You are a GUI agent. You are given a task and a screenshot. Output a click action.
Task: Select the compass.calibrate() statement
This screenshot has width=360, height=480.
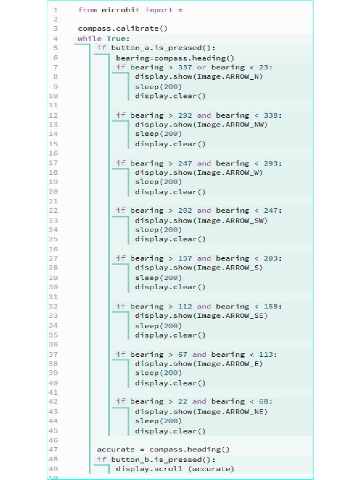(122, 29)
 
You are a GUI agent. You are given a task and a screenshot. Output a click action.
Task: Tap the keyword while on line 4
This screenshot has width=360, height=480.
(90, 38)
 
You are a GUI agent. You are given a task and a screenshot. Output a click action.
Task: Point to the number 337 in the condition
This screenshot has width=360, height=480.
(185, 67)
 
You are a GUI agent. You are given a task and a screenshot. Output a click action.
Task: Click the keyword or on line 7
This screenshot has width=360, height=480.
(202, 67)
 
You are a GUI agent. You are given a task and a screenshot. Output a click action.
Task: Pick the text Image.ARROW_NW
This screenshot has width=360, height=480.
(232, 125)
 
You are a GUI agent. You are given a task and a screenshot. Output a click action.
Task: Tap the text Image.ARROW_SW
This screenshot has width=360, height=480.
(232, 220)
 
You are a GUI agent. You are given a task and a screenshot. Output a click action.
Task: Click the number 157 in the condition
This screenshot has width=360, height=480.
(185, 258)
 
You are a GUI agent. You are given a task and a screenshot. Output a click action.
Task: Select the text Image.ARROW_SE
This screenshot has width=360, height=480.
(232, 315)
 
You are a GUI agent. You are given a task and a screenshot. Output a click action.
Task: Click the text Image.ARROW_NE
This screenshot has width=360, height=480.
(232, 412)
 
